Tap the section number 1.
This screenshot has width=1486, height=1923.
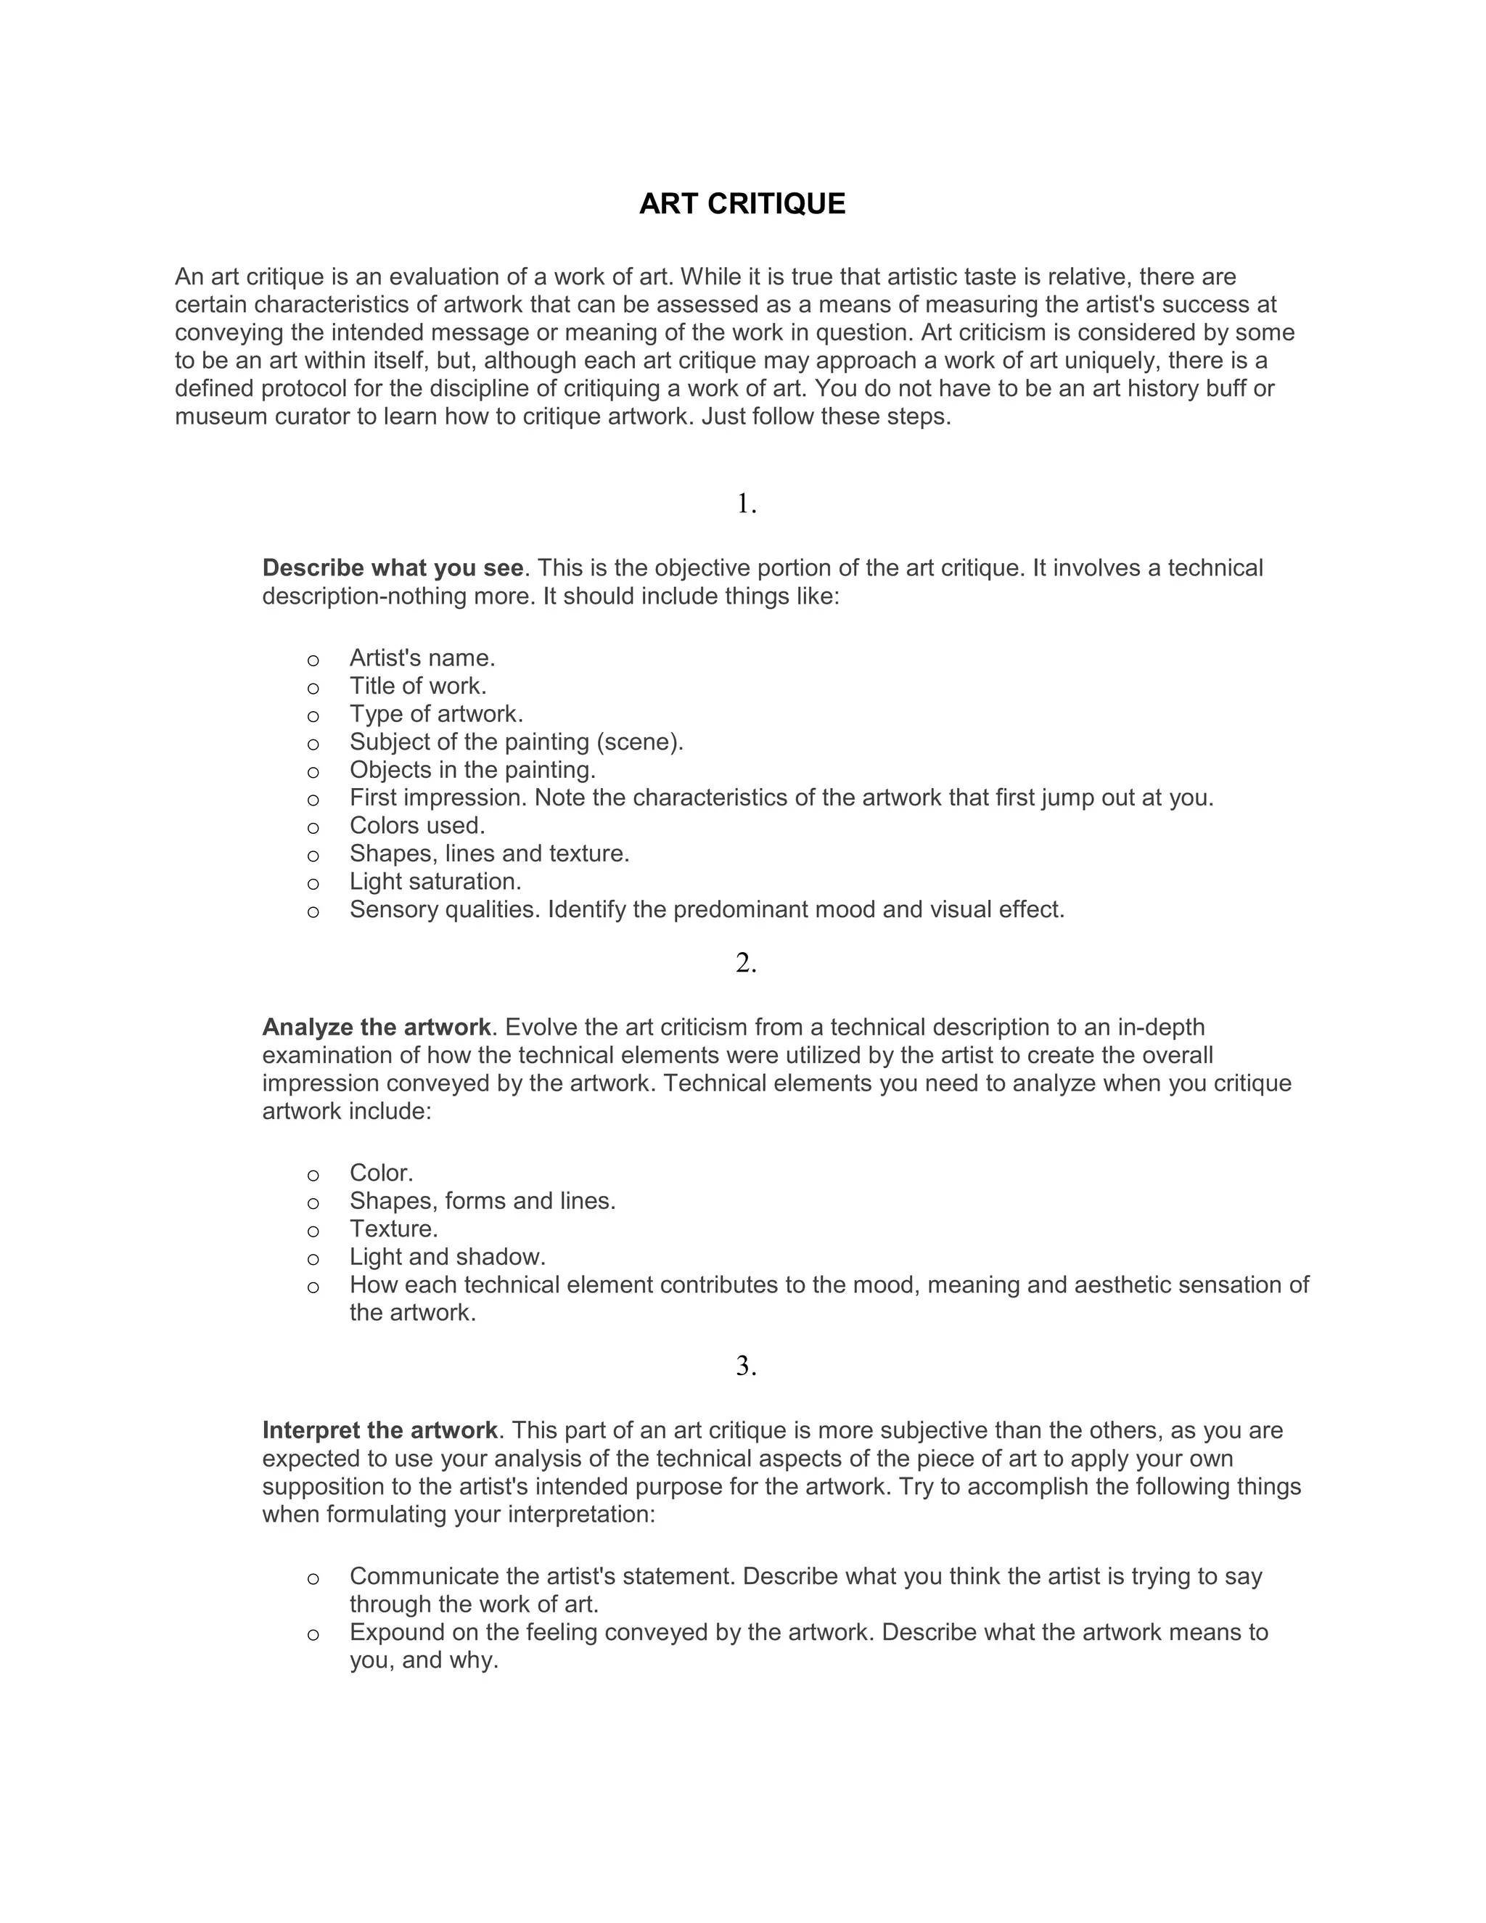click(x=746, y=504)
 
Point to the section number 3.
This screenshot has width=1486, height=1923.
click(x=746, y=1366)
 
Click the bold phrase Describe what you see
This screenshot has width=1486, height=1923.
click(x=393, y=568)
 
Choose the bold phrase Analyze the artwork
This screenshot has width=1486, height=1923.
click(x=376, y=1028)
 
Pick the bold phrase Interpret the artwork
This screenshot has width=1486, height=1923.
click(x=379, y=1430)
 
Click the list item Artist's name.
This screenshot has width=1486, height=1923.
click(x=422, y=657)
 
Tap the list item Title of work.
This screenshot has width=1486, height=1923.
click(x=417, y=686)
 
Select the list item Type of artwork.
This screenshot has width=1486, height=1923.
click(x=436, y=714)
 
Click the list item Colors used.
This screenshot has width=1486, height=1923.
click(x=417, y=826)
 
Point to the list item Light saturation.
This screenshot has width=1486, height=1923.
click(x=435, y=882)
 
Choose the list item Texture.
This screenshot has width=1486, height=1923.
click(x=393, y=1229)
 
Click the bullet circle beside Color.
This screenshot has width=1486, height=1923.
click(x=313, y=1176)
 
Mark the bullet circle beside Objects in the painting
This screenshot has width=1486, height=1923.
click(x=313, y=772)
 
